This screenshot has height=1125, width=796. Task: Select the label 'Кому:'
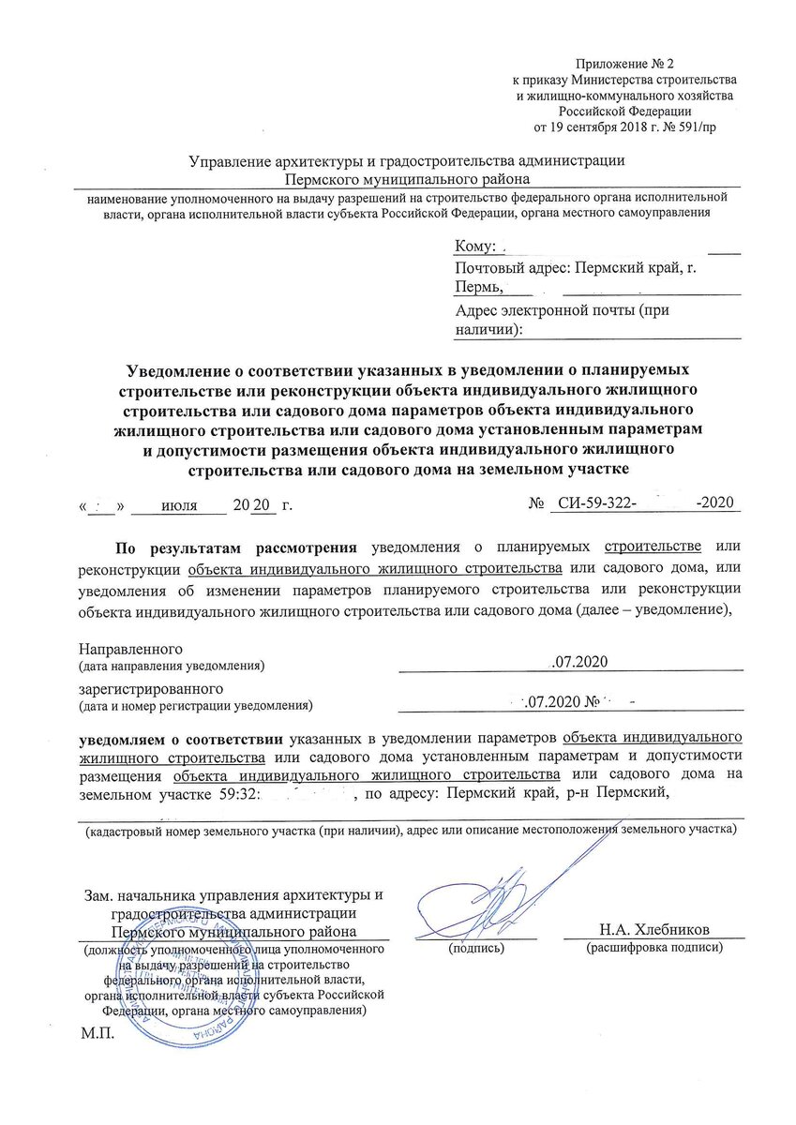point(474,247)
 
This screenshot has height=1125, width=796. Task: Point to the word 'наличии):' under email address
point(488,330)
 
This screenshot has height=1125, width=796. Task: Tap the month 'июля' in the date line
point(179,505)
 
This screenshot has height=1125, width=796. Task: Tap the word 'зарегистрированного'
point(141,686)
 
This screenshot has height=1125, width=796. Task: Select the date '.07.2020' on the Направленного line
point(580,664)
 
